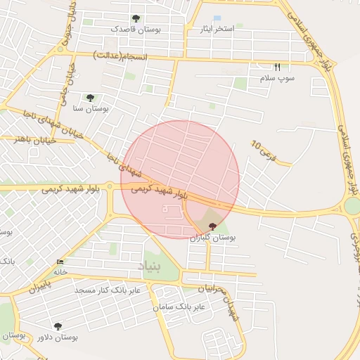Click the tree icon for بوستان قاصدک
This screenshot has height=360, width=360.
tap(136, 19)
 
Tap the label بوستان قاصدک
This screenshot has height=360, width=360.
tap(136, 30)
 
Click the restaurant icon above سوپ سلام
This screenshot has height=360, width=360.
tap(277, 67)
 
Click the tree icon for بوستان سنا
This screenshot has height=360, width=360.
tap(89, 98)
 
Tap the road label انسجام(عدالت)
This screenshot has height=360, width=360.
tap(120, 56)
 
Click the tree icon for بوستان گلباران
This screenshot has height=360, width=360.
tap(213, 226)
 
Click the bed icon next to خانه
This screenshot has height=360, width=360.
tap(59, 262)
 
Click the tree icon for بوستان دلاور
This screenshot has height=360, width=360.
tap(57, 326)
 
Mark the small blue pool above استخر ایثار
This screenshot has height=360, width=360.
tap(217, 18)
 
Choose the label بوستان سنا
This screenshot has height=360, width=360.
tap(89, 109)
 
